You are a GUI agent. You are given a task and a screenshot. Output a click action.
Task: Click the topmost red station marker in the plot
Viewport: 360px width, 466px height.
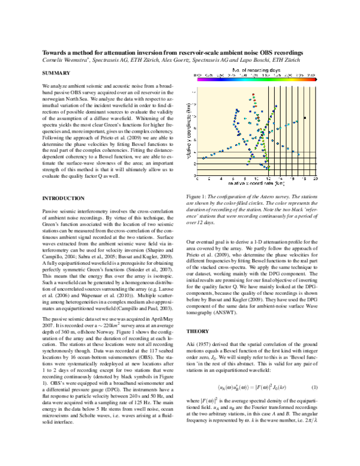pos(253,94)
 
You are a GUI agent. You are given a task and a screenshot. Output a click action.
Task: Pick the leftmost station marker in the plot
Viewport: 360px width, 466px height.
pos(204,158)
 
